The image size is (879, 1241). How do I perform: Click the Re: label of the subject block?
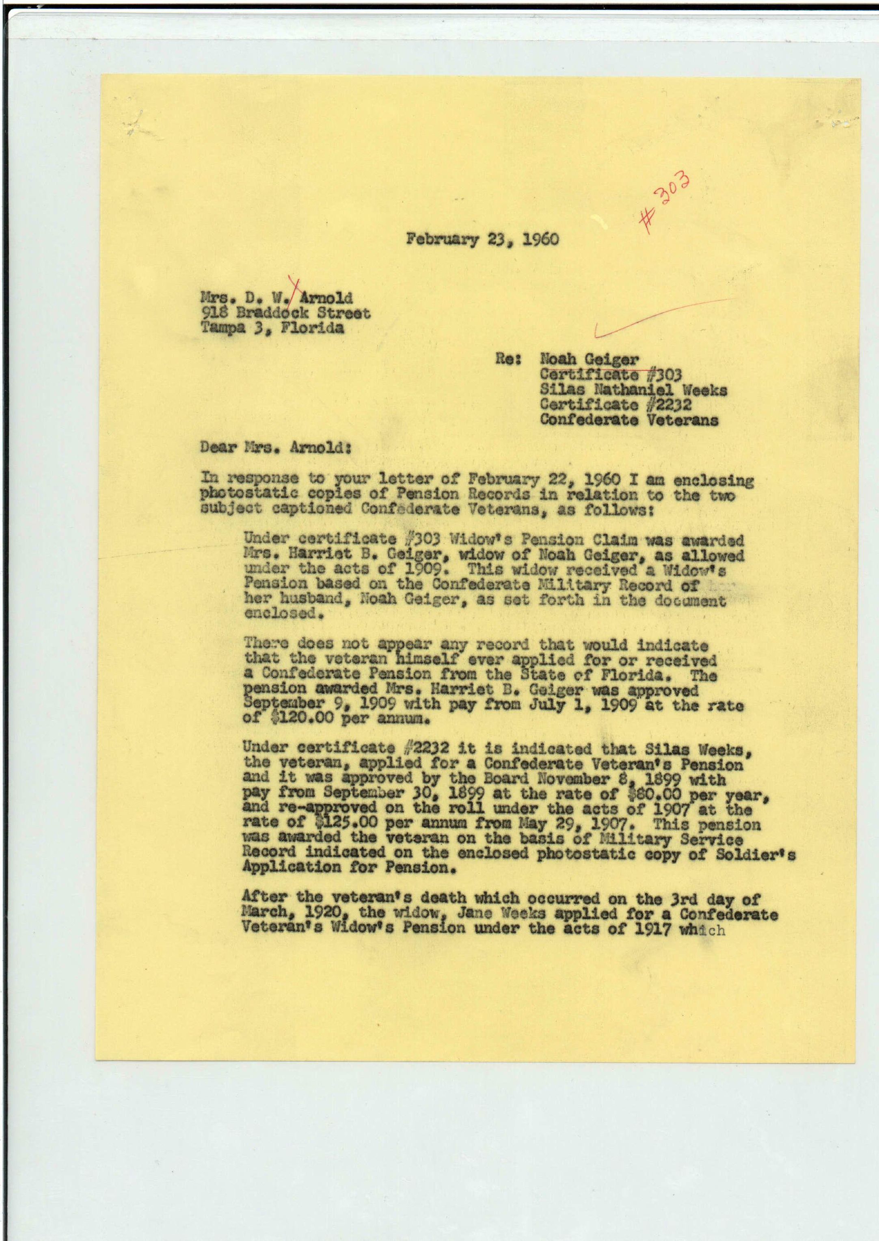tap(508, 359)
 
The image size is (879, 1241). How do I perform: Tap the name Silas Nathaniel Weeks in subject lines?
tap(633, 390)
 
